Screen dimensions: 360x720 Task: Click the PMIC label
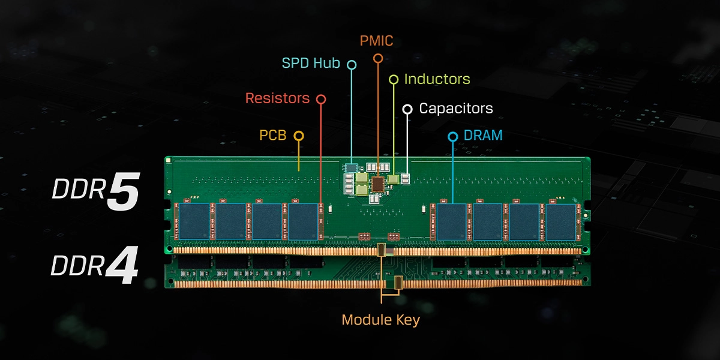[377, 41]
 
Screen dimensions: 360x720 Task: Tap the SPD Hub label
[311, 63]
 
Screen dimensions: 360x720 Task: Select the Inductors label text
[437, 79]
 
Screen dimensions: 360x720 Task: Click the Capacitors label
[455, 109]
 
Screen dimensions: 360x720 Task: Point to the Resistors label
[277, 98]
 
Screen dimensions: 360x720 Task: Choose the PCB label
[272, 136]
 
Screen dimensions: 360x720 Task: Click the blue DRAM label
[483, 136]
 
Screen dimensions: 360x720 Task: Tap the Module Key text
[380, 320]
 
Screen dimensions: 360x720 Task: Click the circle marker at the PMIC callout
[377, 58]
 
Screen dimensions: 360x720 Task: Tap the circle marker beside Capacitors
[407, 109]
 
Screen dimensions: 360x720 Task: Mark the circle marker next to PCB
[298, 136]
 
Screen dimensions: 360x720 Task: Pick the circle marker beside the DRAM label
[453, 136]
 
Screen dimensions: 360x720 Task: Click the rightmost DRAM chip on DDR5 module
[560, 221]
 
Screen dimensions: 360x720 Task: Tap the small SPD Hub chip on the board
[352, 166]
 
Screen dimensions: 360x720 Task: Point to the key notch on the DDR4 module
[398, 281]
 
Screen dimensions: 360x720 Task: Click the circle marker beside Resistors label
[321, 98]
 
